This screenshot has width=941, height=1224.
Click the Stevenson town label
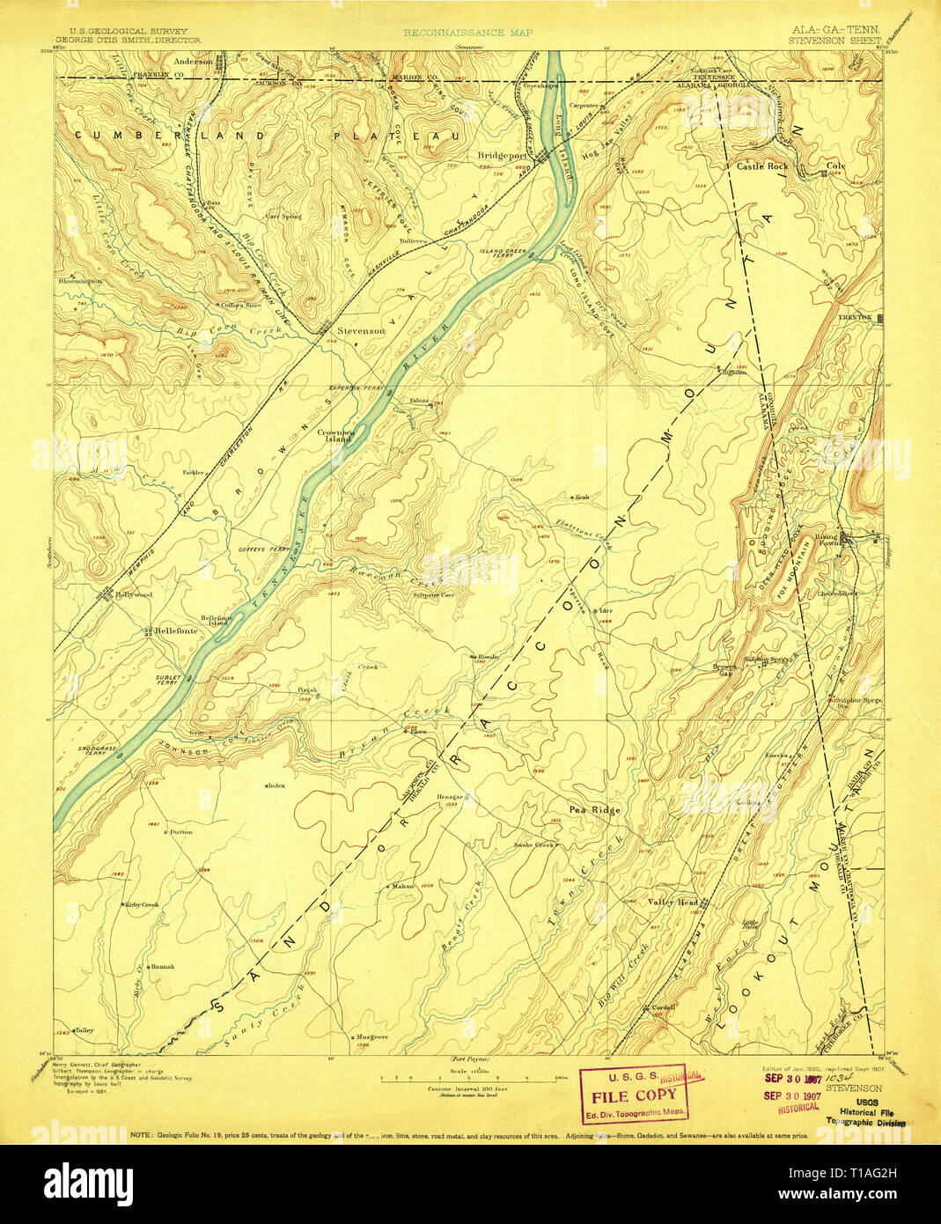(361, 330)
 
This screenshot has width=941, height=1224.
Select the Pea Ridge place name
(595, 809)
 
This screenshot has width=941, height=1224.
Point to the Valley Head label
(673, 903)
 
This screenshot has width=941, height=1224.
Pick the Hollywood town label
(133, 594)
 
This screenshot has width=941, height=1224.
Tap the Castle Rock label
(762, 166)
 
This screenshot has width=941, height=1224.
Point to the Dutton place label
(180, 831)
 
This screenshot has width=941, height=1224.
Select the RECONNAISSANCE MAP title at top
(454, 33)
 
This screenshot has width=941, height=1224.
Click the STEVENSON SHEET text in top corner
(834, 40)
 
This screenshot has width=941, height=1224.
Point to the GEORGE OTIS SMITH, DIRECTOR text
(128, 40)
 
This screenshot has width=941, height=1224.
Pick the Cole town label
(835, 166)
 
